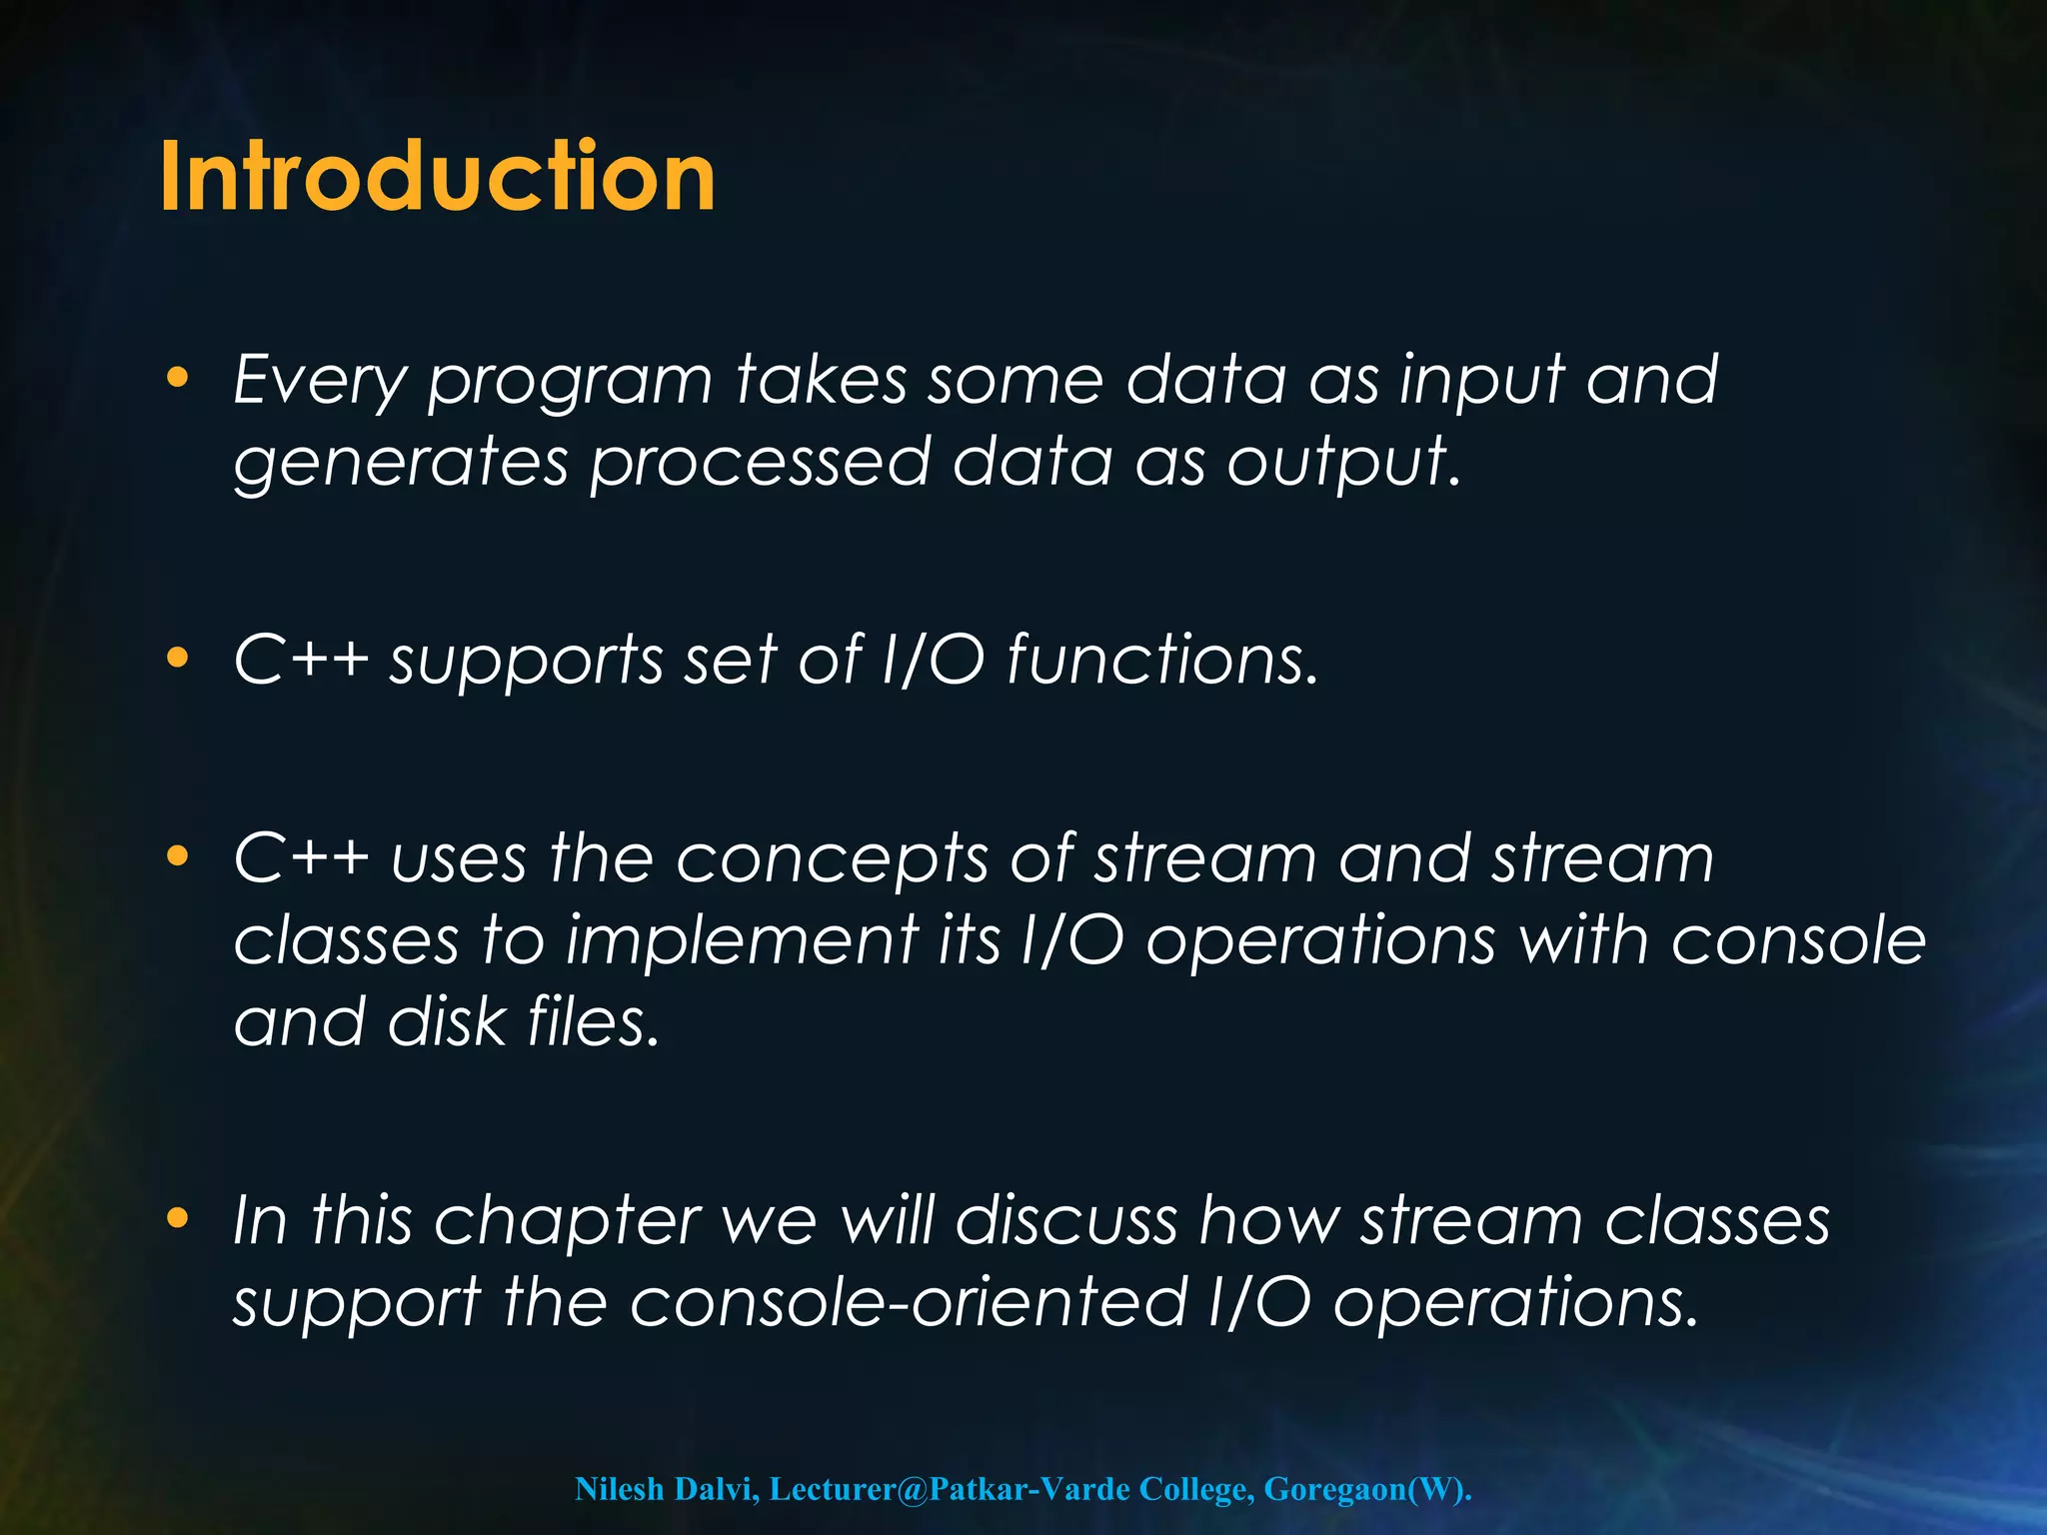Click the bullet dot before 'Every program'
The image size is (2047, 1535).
click(178, 378)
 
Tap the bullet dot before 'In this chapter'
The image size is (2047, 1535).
click(178, 1217)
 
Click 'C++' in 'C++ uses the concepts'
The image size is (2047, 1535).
click(300, 858)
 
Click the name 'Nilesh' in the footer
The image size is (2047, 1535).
click(620, 1489)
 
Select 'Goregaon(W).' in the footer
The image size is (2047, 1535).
click(1367, 1489)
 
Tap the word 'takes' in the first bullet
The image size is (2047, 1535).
click(822, 381)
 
